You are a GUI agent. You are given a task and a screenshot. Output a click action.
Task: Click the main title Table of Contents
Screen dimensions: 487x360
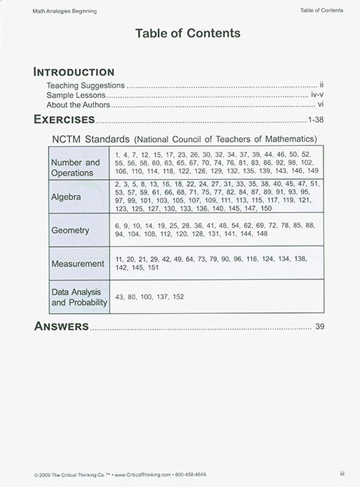(x=188, y=33)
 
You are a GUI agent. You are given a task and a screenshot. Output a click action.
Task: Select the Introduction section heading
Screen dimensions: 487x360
(x=74, y=72)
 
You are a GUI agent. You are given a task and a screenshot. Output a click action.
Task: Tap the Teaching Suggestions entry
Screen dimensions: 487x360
(x=86, y=85)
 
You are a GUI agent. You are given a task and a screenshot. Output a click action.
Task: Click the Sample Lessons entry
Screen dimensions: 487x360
(x=76, y=95)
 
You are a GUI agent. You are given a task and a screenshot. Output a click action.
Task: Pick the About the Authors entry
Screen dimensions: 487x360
(x=79, y=105)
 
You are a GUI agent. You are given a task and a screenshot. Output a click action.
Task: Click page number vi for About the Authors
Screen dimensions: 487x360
(x=321, y=105)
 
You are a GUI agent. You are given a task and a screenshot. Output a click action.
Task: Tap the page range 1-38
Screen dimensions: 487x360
(x=315, y=120)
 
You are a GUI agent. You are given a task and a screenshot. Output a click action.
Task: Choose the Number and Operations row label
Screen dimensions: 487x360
(x=75, y=168)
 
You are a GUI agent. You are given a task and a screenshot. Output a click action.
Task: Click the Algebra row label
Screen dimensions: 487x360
(x=67, y=196)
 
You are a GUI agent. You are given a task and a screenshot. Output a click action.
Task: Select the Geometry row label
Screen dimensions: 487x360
(x=70, y=231)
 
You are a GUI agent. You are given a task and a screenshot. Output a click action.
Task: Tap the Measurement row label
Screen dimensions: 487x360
(x=77, y=264)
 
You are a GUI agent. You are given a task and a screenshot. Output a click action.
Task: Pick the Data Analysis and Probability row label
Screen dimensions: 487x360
(x=79, y=297)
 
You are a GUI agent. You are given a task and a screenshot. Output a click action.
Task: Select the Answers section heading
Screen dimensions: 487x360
(x=62, y=327)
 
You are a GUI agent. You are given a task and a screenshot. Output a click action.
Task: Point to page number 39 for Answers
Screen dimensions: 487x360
(x=320, y=327)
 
